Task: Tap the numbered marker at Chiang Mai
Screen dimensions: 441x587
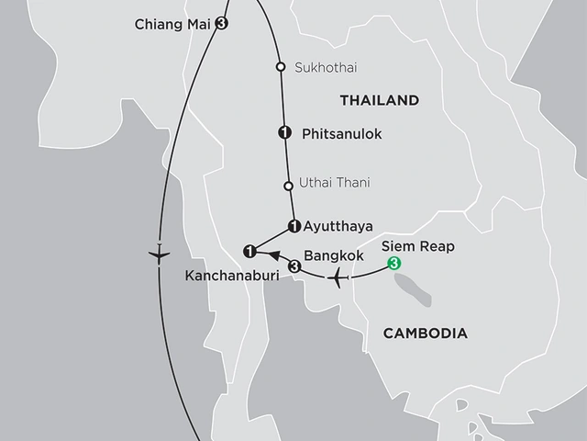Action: point(220,25)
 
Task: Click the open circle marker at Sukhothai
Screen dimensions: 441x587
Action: point(282,66)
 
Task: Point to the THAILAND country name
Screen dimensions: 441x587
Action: point(379,100)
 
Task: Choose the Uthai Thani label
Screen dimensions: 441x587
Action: point(335,184)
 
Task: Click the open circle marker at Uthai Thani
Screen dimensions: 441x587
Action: point(288,186)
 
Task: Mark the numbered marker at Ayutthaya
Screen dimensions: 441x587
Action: point(293,225)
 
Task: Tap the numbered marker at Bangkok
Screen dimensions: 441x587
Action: point(293,266)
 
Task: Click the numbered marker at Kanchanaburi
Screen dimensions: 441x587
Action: point(248,250)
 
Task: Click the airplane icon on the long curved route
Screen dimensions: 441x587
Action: point(159,251)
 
